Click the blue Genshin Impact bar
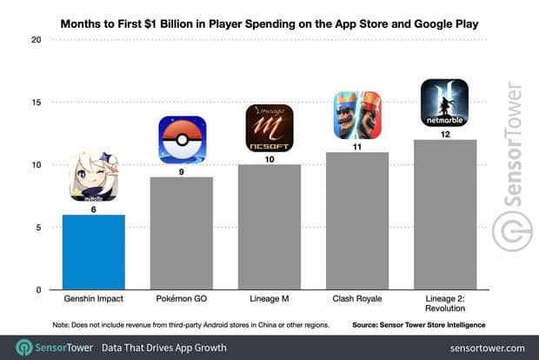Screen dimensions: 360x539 click(x=93, y=252)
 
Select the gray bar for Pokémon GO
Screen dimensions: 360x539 click(x=182, y=233)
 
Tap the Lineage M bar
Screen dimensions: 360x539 click(x=269, y=227)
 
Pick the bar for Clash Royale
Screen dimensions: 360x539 click(x=357, y=221)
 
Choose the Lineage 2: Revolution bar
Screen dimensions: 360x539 click(x=445, y=215)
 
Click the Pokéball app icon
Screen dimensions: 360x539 click(x=182, y=140)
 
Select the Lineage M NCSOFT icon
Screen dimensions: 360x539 click(x=269, y=128)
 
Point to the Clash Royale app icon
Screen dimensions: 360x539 click(x=357, y=115)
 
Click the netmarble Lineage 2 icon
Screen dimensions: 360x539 click(x=445, y=103)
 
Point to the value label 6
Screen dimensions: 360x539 click(x=93, y=208)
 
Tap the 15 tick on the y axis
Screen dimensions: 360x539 click(x=35, y=103)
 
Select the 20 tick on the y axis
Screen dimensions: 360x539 click(x=35, y=40)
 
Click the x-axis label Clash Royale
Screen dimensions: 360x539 click(x=357, y=301)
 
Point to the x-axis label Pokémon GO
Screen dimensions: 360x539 click(x=182, y=301)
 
